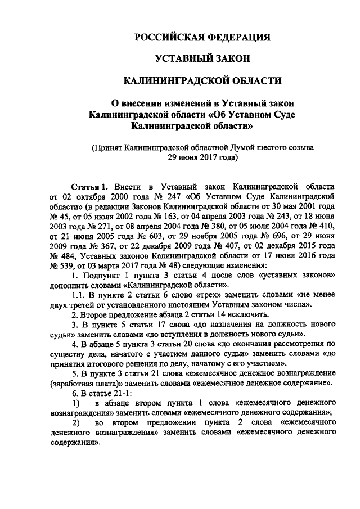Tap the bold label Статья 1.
coord(89,186)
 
